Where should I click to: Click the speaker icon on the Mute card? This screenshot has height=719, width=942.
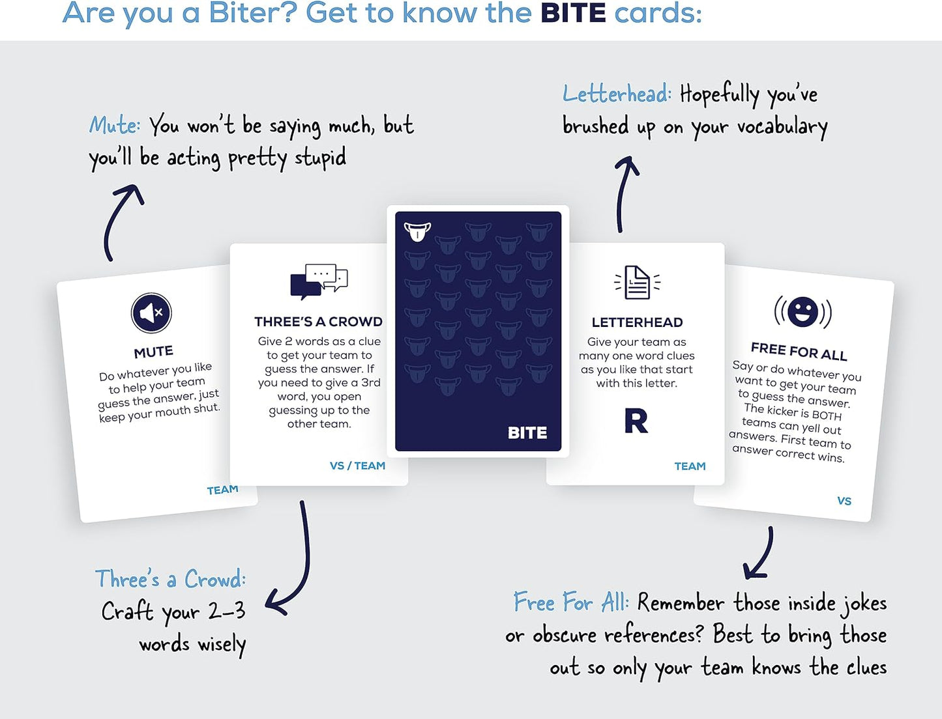[x=151, y=313]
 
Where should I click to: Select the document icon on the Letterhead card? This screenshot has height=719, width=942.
[x=637, y=282]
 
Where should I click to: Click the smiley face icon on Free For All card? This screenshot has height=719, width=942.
[x=802, y=312]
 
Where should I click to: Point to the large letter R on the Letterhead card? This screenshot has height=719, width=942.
[x=636, y=421]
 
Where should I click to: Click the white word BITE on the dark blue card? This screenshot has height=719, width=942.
[x=527, y=433]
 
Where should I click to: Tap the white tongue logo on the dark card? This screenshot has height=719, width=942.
[x=417, y=231]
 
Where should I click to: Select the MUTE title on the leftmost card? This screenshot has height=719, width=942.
[x=154, y=352]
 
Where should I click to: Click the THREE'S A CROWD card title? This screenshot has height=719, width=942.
[x=318, y=322]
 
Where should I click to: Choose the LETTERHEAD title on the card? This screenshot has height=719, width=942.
[x=637, y=322]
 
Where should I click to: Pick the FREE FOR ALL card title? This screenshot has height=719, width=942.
[x=799, y=352]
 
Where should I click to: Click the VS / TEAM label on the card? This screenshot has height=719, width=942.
[x=357, y=466]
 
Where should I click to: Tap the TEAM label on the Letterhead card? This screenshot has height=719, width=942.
[x=690, y=466]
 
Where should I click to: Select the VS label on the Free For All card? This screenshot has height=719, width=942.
[x=844, y=501]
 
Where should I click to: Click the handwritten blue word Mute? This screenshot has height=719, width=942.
[x=115, y=125]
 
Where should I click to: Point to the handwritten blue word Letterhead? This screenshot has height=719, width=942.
[x=617, y=94]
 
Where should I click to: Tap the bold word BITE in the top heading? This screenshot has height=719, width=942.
[x=573, y=13]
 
